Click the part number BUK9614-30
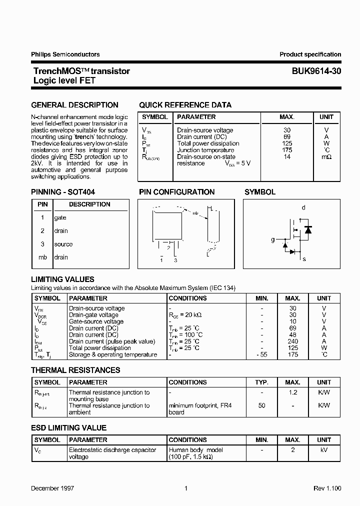pos(316,71)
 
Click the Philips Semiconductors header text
pos(65,54)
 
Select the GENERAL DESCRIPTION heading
pos(74,105)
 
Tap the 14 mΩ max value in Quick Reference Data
pos(287,156)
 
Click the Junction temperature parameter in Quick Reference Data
pos(205,150)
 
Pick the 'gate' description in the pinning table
pos(60,217)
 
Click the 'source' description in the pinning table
pos(63,244)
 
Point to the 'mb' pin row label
pos(42,257)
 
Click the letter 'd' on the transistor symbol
pos(303,207)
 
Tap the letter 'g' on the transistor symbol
pos(273,239)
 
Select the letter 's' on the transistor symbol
pos(304,259)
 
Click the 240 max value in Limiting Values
pos(293,341)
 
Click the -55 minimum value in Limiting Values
pos(262,354)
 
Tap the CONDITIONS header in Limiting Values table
pos(187,298)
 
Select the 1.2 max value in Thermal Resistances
pos(293,392)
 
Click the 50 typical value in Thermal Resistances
pos(262,405)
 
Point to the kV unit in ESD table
pos(324,450)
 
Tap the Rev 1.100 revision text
pos(326,488)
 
